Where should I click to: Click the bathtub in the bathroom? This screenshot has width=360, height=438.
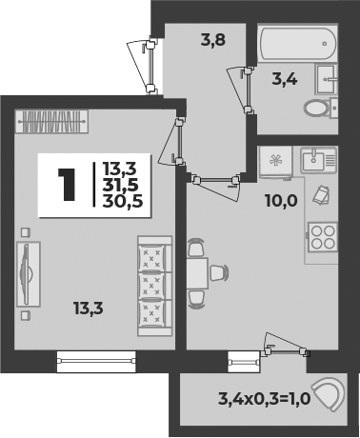298,44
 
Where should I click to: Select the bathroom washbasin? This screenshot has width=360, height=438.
326,79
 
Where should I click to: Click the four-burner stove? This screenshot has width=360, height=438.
323,237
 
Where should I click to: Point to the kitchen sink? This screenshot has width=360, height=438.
318,160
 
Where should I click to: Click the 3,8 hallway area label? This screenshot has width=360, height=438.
213,41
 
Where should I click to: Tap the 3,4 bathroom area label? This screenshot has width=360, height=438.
285,79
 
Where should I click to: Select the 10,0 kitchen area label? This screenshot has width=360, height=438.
281,201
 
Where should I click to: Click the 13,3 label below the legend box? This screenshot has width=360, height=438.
89,309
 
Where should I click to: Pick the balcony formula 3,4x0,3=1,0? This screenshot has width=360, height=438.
264,399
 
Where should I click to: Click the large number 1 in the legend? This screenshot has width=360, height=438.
67,185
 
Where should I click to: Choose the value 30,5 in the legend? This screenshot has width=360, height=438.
123,201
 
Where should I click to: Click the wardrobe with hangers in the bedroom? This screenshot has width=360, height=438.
51,122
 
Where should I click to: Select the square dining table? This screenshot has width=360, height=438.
197,273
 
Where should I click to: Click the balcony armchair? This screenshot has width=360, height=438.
328,392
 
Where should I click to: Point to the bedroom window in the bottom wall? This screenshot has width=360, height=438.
96,361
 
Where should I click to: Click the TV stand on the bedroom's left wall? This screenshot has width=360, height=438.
29,274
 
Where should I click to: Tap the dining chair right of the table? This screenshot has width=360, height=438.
219,273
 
